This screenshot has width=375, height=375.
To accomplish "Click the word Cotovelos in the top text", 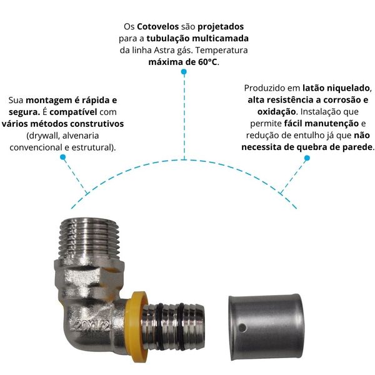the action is point(157,26).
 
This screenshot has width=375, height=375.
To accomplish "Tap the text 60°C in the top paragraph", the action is point(207,62).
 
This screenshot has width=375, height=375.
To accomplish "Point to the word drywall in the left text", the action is point(43,136).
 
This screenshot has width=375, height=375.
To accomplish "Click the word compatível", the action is point(73,112).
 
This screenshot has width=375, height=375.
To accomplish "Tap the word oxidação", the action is point(276,112).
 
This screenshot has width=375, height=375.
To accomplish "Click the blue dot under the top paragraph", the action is point(184,72).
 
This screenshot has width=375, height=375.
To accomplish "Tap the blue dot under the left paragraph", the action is point(63,157).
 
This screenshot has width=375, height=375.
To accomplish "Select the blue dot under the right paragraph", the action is point(307,158).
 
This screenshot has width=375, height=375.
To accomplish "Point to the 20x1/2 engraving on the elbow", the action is point(92,325).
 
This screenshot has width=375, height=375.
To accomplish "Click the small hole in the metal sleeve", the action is point(242,328).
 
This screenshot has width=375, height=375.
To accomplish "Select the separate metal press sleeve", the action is point(266,327).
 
